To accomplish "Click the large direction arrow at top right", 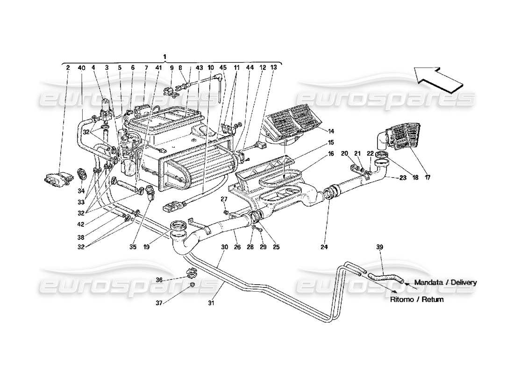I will [x=438, y=78].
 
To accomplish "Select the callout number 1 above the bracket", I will [x=164, y=57].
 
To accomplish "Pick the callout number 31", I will [x=211, y=303].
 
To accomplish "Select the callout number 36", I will [x=159, y=280].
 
